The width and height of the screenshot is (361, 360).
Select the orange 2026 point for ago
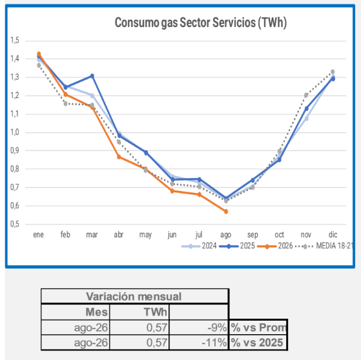(x=226, y=212)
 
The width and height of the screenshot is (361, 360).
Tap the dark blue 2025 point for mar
(x=92, y=76)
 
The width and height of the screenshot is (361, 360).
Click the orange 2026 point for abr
(x=119, y=157)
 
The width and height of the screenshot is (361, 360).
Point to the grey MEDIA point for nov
(x=306, y=95)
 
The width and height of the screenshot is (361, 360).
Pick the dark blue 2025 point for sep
(x=253, y=180)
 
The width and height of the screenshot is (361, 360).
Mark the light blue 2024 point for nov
(x=307, y=119)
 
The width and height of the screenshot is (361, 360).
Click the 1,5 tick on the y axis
(x=15, y=41)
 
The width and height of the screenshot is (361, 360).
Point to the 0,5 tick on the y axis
(x=15, y=224)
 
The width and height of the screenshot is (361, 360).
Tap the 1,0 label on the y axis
(x=15, y=132)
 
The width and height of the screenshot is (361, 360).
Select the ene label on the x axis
(x=39, y=235)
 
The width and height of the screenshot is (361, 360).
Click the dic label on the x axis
(x=333, y=235)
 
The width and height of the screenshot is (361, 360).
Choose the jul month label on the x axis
(x=199, y=235)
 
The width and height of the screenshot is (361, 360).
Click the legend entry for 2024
(x=199, y=246)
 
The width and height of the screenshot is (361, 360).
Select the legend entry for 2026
(x=275, y=246)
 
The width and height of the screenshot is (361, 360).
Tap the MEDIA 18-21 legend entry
(x=324, y=246)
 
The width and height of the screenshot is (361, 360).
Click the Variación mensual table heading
(x=134, y=297)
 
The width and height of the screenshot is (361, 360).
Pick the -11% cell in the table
(x=199, y=343)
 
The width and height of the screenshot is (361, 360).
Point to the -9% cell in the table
(x=199, y=327)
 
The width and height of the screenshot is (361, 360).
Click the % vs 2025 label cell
(x=257, y=343)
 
